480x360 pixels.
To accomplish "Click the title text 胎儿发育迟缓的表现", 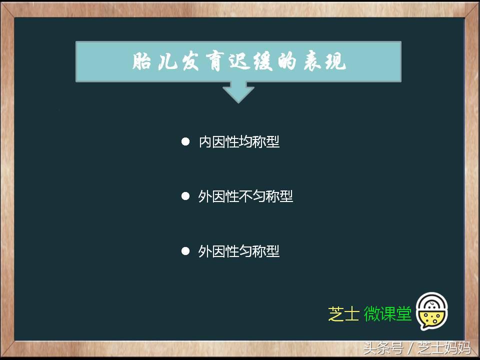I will [238, 62].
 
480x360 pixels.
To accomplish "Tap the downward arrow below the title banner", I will [238, 92].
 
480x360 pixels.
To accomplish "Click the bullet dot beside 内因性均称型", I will [185, 142].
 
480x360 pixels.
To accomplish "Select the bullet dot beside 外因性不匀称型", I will [185, 196].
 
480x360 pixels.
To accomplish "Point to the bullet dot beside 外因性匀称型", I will [185, 251].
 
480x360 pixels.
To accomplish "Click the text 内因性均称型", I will [239, 142].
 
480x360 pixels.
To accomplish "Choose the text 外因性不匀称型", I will [245, 196].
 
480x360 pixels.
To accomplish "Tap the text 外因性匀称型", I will [239, 251].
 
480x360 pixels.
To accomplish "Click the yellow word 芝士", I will [343, 314].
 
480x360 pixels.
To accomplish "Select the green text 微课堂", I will [387, 314].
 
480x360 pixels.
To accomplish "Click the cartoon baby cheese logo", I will [432, 311].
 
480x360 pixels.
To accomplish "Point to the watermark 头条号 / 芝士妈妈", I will [417, 347].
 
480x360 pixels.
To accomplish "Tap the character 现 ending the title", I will [334, 62].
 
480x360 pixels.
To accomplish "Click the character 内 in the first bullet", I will [205, 142].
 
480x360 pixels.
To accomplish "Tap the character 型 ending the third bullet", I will [273, 251].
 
